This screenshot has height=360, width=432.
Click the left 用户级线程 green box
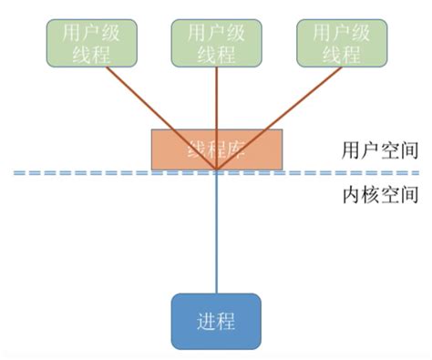click(x=90, y=43)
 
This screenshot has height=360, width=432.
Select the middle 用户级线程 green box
click(x=217, y=43)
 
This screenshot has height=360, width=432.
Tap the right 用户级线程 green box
click(x=342, y=43)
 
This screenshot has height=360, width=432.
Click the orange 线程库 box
click(x=217, y=148)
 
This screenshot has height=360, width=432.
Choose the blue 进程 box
click(x=216, y=321)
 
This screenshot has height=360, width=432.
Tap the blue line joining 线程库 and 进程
click(x=217, y=237)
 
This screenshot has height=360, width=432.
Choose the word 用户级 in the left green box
click(x=90, y=33)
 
